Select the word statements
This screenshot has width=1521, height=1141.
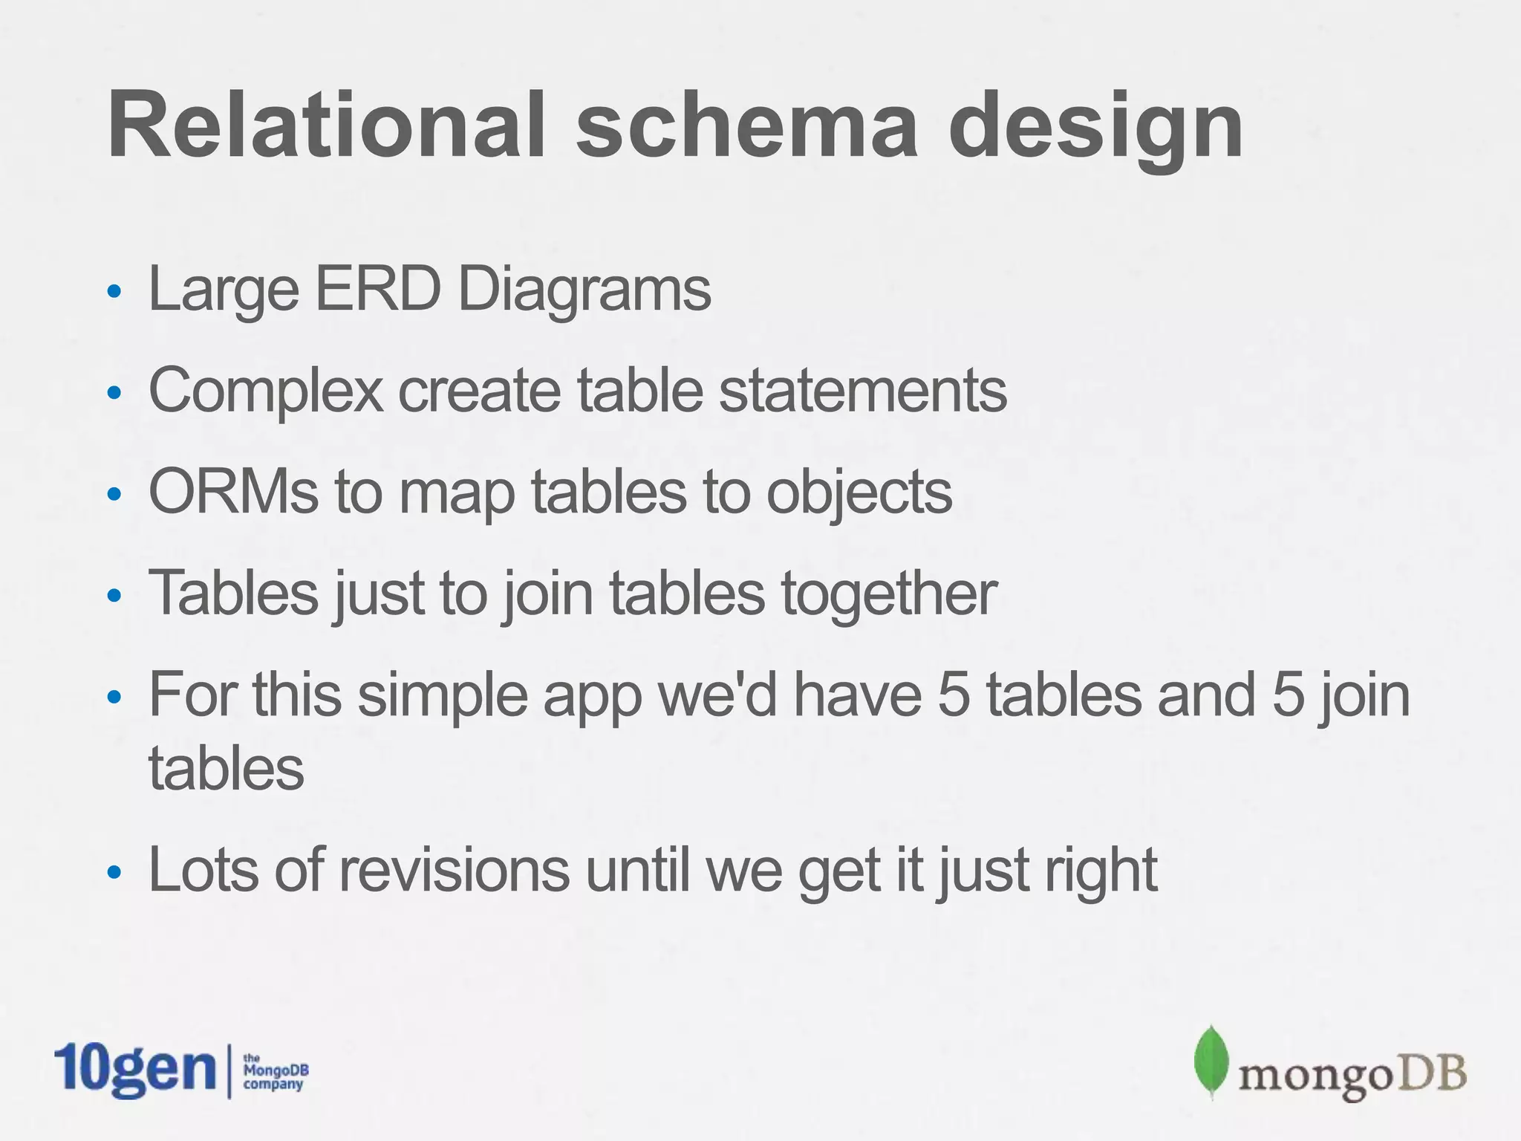coord(863,391)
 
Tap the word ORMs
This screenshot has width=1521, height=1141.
coord(233,492)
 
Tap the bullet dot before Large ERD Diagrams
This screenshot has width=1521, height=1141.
coord(114,291)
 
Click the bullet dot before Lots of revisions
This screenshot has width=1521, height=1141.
coord(114,872)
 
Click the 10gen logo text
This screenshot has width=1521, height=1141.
coord(134,1070)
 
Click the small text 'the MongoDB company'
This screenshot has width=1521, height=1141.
coord(276,1071)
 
